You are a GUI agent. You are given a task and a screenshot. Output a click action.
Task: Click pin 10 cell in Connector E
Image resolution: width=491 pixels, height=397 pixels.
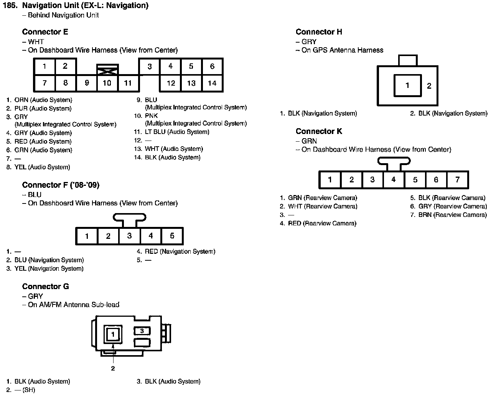click(107, 83)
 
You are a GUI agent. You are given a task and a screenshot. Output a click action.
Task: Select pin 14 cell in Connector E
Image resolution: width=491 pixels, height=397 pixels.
click(212, 83)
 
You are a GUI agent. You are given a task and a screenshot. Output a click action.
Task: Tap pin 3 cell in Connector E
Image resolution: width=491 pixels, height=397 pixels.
click(150, 66)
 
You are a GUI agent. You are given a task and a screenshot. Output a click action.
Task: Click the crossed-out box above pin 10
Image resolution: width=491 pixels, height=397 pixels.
click(107, 69)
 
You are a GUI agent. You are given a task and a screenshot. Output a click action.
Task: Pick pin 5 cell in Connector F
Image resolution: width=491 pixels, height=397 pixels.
click(172, 236)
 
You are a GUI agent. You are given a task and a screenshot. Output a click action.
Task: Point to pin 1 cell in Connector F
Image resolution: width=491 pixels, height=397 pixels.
click(87, 236)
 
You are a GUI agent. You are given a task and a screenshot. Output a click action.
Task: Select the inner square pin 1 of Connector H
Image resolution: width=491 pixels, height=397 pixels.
click(407, 85)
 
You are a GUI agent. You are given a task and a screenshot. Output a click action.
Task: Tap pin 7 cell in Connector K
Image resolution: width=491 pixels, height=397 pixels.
click(457, 179)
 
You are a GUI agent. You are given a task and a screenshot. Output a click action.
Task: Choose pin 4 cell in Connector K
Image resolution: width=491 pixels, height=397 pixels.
click(394, 179)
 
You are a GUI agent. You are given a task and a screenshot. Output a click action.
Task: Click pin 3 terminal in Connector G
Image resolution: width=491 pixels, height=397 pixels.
click(142, 331)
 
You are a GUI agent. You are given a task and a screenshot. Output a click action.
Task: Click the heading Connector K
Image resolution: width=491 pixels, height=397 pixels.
click(319, 131)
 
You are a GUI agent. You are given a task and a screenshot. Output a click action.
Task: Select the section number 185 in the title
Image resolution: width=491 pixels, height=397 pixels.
click(10, 5)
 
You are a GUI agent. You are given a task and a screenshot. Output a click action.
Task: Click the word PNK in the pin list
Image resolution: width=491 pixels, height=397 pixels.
click(151, 116)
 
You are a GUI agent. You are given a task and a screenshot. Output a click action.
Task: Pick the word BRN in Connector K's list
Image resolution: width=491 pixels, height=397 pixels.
click(425, 215)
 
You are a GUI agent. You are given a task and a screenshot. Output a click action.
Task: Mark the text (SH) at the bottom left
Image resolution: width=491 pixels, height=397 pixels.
click(28, 390)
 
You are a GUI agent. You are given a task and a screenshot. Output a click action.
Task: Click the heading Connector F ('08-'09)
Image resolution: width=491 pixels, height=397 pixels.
click(61, 185)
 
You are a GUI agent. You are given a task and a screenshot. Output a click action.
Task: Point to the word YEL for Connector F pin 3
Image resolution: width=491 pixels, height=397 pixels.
click(20, 269)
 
